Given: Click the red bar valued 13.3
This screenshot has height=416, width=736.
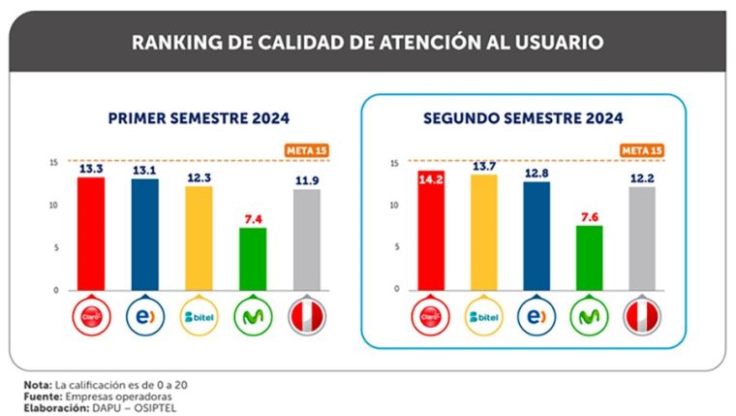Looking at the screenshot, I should [x=91, y=233].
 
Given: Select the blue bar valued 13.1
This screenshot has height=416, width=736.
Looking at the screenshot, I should [x=144, y=234].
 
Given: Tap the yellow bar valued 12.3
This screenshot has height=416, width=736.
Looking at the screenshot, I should [x=198, y=238].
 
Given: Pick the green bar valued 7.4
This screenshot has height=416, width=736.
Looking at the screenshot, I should [x=252, y=258].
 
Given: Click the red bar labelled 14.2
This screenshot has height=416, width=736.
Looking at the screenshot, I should [x=429, y=233].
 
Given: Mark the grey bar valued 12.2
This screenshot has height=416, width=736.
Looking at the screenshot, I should [x=641, y=238].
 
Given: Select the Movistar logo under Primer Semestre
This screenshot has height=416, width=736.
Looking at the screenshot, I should [x=252, y=315].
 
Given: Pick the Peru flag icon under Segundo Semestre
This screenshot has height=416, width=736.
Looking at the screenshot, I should [x=641, y=315].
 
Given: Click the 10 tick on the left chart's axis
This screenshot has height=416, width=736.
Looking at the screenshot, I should [x=55, y=205].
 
